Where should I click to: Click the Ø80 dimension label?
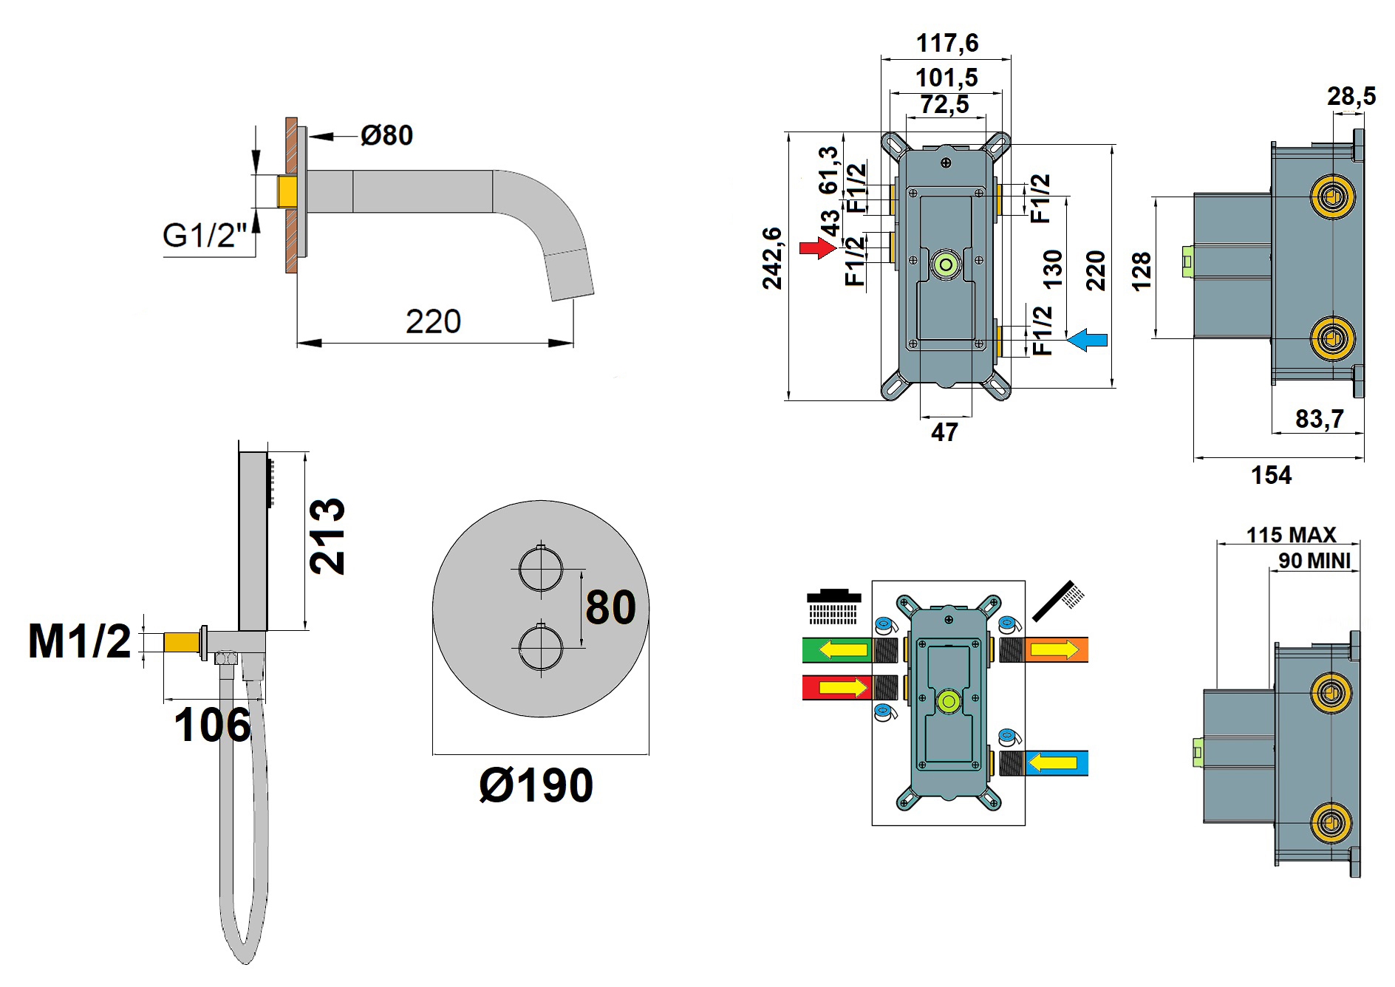point(386,135)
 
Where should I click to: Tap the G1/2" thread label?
point(204,236)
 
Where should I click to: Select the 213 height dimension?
point(327,536)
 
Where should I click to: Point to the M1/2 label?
point(79,641)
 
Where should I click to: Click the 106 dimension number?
point(212,725)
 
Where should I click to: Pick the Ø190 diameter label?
point(536,785)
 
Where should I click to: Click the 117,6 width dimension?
point(947,43)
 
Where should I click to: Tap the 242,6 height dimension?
point(772,258)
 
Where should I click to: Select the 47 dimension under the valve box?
point(944,432)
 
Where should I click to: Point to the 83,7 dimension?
point(1319,419)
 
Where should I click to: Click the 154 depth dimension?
point(1271,475)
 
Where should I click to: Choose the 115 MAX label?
point(1291,534)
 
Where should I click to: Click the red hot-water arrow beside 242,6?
point(816,248)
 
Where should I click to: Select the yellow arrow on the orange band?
point(1049,650)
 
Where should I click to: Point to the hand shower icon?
point(1060,600)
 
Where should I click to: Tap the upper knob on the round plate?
point(541,570)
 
